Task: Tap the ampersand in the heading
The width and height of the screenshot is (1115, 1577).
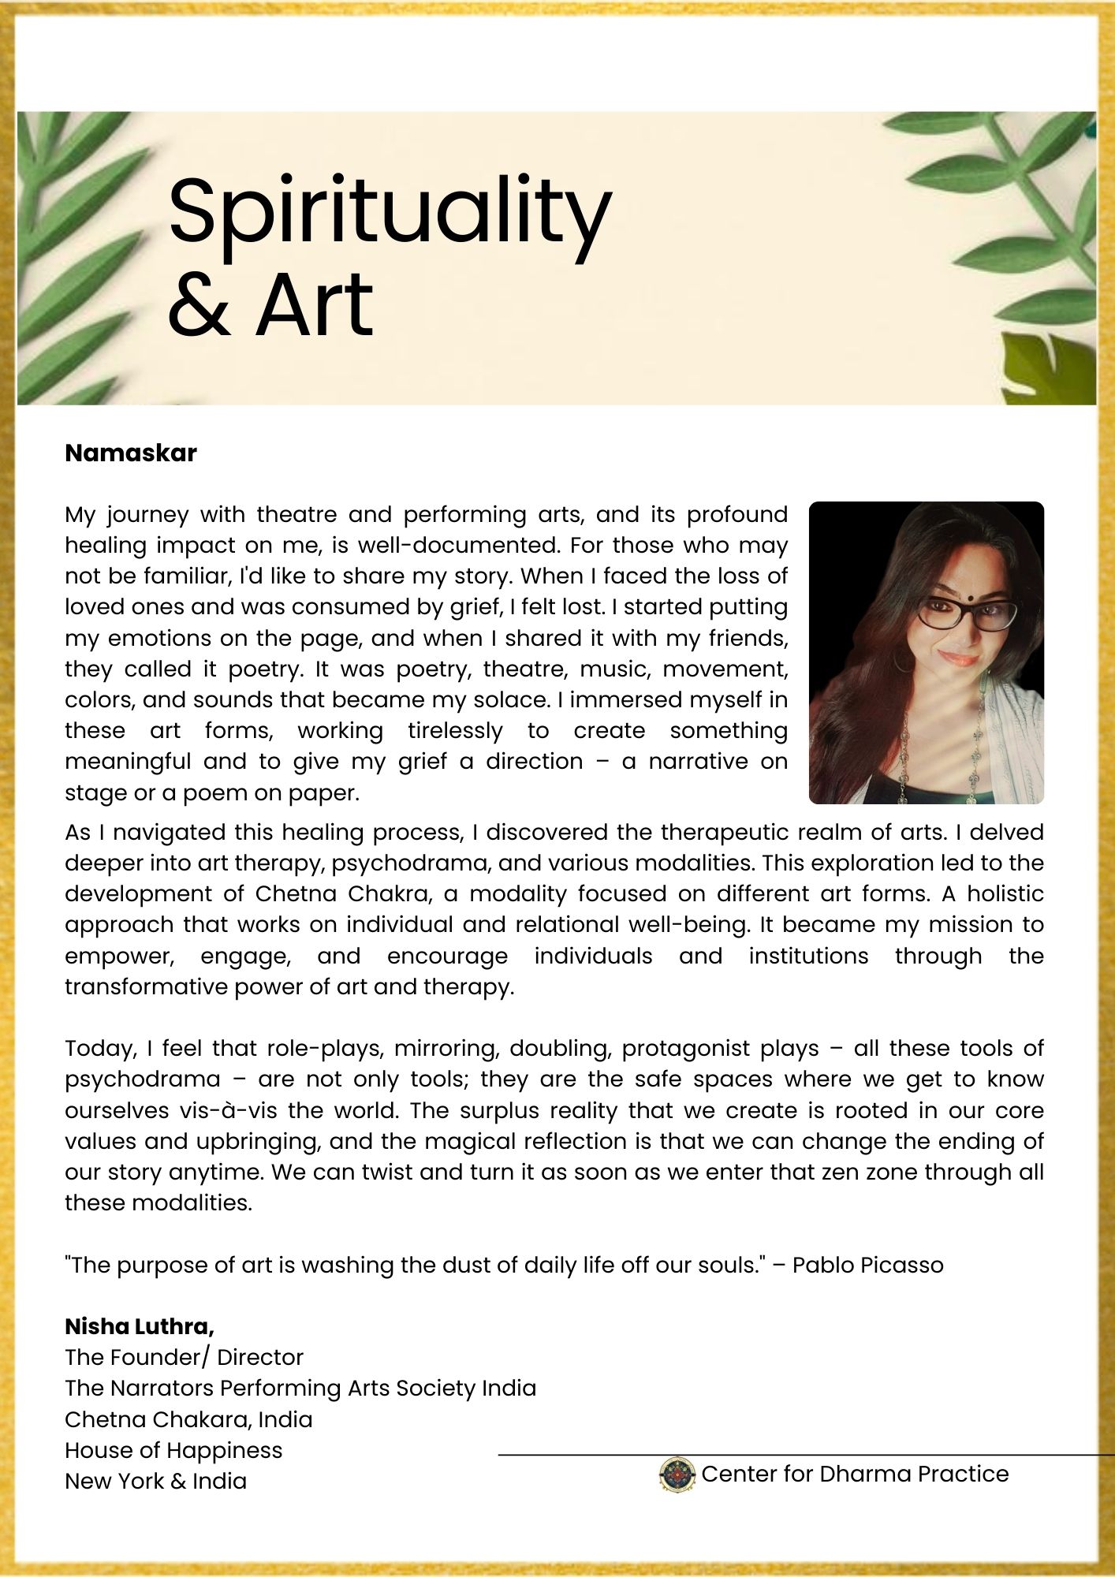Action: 200,305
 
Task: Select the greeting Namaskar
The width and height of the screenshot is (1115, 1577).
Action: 131,453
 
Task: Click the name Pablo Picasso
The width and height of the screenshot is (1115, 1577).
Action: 867,1265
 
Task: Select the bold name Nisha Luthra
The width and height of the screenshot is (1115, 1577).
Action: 139,1326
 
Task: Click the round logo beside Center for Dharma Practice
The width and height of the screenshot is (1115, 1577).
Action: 677,1474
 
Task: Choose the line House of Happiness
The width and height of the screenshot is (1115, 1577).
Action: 173,1450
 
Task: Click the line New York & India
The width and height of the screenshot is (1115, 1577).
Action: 155,1481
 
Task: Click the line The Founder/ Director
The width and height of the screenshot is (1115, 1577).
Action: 184,1357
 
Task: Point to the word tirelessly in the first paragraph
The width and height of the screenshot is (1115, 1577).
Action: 455,731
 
